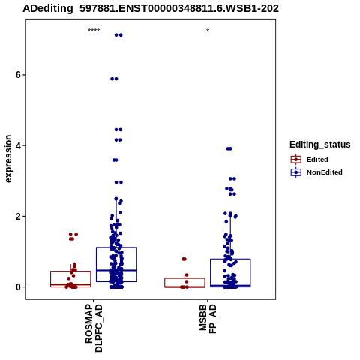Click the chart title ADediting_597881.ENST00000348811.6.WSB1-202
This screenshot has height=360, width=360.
151,9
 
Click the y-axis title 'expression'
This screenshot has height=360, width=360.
8,159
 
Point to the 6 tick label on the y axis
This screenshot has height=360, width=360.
18,75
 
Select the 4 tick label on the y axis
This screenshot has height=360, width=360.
18,145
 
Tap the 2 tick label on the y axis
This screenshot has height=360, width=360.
18,216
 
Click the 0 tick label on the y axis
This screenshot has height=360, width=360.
18,287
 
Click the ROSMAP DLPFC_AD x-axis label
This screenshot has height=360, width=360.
94,328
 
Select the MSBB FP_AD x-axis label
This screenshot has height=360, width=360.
208,319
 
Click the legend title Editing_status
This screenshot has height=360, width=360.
320,145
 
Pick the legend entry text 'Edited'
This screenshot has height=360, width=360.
317,160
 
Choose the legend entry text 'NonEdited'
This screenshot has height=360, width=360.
325,172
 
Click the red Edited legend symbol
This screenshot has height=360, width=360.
296,160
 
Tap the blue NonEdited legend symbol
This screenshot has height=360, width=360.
296,172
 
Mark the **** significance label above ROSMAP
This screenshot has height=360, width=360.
94,31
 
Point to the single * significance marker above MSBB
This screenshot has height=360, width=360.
208,31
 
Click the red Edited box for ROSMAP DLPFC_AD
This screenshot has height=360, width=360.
70,271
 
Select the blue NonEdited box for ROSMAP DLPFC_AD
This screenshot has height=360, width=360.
116,247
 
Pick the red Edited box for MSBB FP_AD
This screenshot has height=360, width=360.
184,278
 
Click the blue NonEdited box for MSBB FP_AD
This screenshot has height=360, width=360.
230,259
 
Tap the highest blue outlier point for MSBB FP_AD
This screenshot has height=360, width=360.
229,148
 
